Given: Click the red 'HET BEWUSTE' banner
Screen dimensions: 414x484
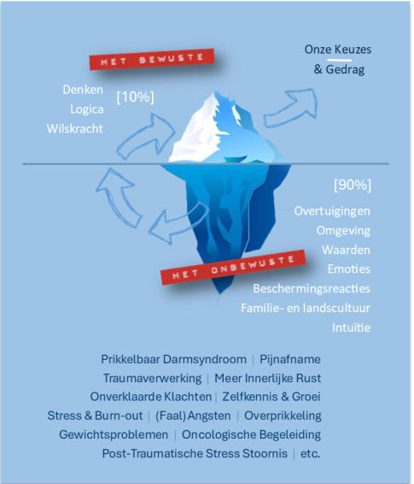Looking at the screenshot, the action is [152, 59].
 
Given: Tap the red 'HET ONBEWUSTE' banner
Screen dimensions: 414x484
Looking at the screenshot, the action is [233, 268].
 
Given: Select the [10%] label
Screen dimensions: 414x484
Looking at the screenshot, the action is [135, 97].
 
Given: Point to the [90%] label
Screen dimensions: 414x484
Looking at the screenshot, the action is [353, 185].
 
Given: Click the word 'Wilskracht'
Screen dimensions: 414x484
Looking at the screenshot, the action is [75, 129].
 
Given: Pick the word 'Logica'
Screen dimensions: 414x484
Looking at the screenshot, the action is [86, 109].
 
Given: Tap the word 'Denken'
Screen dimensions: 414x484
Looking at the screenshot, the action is [83, 90].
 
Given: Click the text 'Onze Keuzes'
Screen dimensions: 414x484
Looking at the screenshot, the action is [338, 50].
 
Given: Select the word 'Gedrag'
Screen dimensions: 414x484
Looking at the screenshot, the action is [346, 69].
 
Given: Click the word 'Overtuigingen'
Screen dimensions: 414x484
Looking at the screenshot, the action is [332, 211].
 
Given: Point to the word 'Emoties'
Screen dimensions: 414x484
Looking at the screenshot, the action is [349, 269].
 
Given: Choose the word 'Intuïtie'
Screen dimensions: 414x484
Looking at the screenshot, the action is [351, 328].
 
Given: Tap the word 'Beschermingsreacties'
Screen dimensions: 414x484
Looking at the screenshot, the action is [312, 289].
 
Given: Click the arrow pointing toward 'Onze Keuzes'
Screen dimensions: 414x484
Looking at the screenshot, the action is [290, 108].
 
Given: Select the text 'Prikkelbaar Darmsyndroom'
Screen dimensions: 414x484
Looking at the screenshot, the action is [174, 359].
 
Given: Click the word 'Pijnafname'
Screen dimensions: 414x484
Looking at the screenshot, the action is [290, 359].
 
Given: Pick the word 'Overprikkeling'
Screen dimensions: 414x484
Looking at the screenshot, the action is [283, 416].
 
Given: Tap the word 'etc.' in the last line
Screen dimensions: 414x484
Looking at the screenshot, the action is [310, 454].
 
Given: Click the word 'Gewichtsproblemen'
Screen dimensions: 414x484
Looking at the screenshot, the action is [114, 434].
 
